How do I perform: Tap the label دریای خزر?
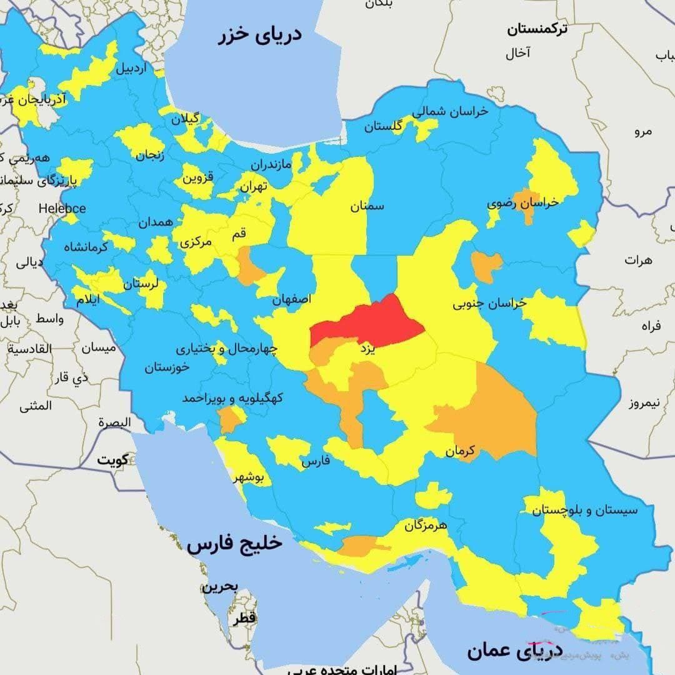tap(259, 34)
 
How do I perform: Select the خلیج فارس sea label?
tap(234, 544)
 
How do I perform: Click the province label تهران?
tap(254, 186)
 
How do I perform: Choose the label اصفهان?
tap(291, 299)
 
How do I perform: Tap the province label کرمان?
tap(461, 450)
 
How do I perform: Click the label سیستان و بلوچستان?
tap(585, 510)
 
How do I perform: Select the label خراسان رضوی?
tap(522, 203)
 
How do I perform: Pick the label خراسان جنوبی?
tap(489, 303)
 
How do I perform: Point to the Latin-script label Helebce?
tap(62, 208)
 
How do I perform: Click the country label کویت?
tap(112, 460)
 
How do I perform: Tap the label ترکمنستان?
tap(537, 29)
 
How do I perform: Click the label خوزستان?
tap(167, 367)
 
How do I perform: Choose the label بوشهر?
tap(249, 478)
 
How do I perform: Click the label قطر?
tap(244, 618)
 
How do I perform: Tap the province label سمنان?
tap(367, 206)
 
